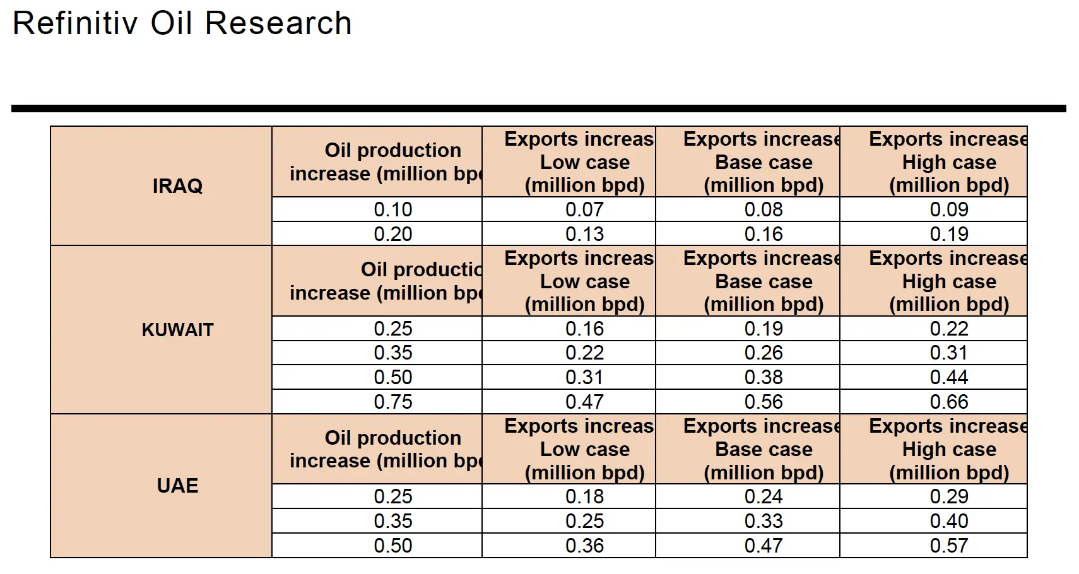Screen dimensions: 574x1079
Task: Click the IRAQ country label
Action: (177, 186)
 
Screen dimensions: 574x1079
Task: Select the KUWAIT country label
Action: (177, 329)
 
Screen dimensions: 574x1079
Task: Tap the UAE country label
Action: (177, 486)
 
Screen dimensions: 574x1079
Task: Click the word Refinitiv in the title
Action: (75, 23)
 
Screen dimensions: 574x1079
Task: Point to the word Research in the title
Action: (278, 23)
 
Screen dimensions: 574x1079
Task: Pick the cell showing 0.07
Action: (584, 209)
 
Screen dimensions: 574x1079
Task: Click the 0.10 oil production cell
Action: (392, 209)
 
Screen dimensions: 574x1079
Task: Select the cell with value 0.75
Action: (392, 402)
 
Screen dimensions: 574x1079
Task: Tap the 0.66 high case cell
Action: (948, 402)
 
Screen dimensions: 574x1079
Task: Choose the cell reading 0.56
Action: (764, 402)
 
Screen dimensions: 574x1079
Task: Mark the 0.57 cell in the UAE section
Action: (948, 546)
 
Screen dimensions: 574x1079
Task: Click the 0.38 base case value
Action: (764, 377)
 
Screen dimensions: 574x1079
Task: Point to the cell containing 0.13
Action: (584, 234)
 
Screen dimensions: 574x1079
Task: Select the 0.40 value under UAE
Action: (948, 521)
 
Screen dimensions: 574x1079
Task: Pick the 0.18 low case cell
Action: (584, 496)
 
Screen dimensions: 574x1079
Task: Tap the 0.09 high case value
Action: (948, 209)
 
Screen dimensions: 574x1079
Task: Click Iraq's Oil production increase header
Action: (385, 162)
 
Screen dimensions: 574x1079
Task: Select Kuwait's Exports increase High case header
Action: (948, 281)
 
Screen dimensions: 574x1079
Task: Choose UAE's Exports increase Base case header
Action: (764, 449)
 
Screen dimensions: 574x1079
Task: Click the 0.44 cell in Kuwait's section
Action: (948, 377)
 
